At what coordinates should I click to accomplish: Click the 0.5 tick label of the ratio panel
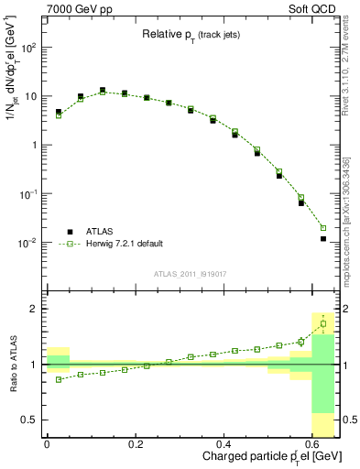30,420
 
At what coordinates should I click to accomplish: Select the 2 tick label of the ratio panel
36,309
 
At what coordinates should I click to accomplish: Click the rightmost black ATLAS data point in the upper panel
323,238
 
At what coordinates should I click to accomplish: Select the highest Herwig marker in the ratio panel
323,323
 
